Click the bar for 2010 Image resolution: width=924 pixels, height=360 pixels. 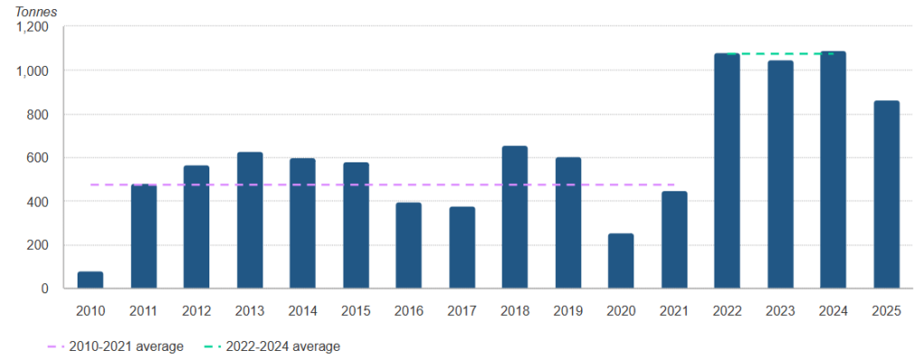(90, 280)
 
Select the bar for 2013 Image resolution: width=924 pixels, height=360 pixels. (249, 220)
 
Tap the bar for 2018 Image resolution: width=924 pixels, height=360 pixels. (514, 217)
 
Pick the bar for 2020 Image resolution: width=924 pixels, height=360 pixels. (621, 261)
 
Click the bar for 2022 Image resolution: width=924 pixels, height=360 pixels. (726, 171)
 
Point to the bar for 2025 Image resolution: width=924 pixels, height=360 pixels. (886, 194)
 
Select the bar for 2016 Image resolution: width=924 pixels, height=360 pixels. (409, 245)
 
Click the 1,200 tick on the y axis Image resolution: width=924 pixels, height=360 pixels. (32, 27)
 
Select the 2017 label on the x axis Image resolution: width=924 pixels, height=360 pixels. (462, 311)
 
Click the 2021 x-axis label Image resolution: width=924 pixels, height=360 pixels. (674, 311)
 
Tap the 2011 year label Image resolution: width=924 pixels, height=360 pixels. (143, 311)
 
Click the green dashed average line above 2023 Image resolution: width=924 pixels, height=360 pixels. (780, 54)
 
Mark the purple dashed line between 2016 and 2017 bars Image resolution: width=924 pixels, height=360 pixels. (436, 185)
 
